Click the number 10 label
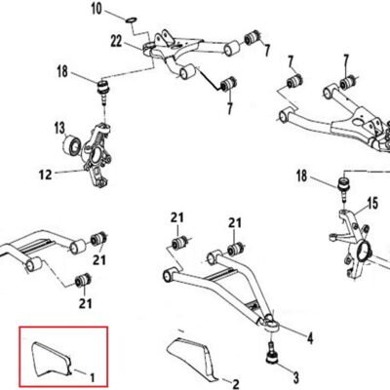(97, 9)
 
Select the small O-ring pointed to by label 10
(131, 20)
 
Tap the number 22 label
(116, 42)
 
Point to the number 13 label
(59, 128)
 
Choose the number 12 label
(45, 175)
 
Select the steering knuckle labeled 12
(97, 155)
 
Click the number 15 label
(372, 204)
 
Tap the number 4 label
(310, 338)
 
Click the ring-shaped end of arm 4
(270, 324)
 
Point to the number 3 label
(296, 378)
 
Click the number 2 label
(236, 384)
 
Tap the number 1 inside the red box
(93, 377)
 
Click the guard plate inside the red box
(51, 359)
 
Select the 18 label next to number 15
(302, 175)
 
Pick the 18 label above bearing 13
(62, 71)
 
